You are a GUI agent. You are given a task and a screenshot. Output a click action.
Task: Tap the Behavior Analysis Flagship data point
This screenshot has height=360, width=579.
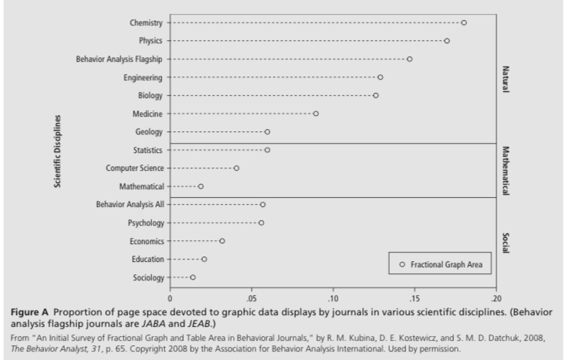[409, 59]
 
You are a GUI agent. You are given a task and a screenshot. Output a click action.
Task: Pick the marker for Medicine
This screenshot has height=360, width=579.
[316, 114]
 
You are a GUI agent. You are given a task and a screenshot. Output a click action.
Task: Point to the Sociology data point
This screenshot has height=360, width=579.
[192, 277]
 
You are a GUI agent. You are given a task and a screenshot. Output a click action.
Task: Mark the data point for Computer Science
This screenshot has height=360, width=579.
[236, 168]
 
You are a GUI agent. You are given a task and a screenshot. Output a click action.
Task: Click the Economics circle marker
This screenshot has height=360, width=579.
[222, 241]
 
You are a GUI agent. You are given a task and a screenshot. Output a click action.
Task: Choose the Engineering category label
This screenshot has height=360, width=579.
[142, 77]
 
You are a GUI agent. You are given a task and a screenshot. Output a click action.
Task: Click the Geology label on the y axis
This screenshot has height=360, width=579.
[148, 131]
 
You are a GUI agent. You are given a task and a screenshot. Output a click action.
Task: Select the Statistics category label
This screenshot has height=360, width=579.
[145, 150]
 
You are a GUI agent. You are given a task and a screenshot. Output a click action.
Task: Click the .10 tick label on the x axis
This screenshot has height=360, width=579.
[332, 297]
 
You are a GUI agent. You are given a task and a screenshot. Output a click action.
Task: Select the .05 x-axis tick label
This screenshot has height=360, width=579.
[251, 297]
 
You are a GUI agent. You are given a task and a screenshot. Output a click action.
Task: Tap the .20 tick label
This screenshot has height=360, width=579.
[495, 297]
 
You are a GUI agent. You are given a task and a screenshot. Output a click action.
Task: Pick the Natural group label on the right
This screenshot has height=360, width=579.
[506, 77]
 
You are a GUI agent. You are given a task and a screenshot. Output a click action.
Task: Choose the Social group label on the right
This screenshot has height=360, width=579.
[506, 241]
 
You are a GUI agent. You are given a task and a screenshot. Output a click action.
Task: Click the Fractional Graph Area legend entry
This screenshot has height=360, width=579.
[442, 264]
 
